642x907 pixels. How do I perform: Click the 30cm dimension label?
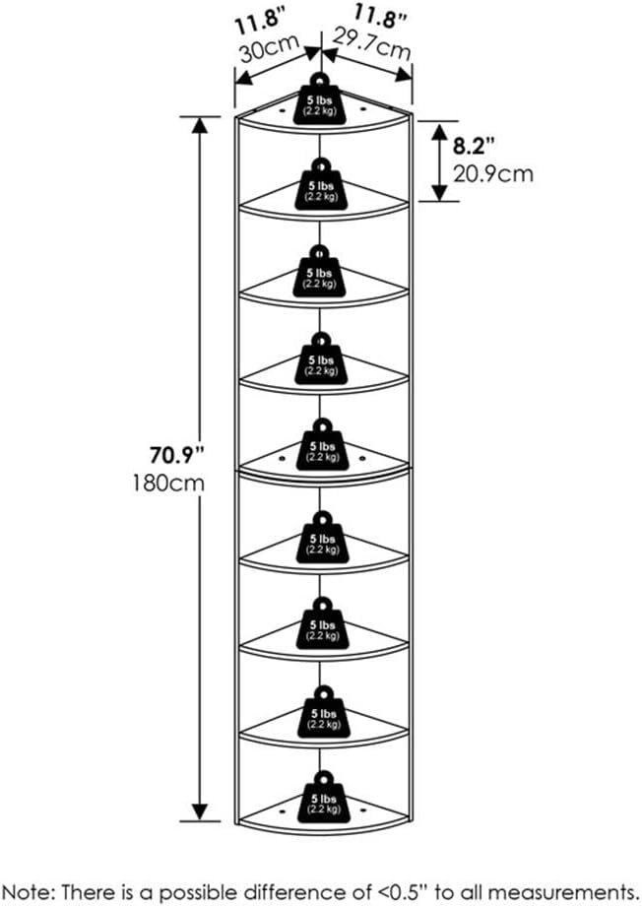point(270,48)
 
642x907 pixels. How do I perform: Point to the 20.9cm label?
point(492,173)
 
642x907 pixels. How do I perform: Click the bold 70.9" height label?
point(178,456)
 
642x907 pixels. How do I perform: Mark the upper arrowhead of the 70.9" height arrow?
point(200,125)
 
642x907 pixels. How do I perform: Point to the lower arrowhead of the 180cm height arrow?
point(200,810)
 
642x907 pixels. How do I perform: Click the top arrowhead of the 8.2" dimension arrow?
point(439,131)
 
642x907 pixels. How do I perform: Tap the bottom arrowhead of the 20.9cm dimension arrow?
point(439,192)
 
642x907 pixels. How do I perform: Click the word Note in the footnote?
point(27,891)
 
